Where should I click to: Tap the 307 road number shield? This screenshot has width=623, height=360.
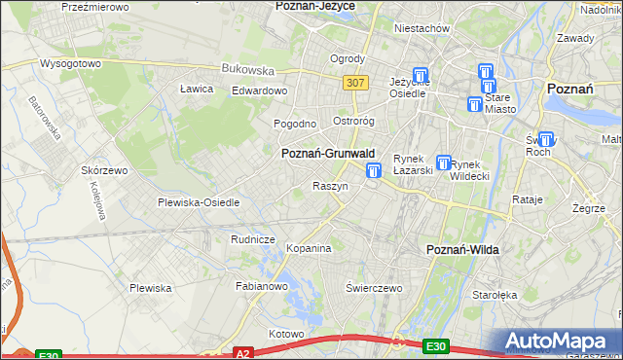355,83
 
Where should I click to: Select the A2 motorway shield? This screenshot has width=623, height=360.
243,352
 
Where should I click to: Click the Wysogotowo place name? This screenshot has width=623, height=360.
70,63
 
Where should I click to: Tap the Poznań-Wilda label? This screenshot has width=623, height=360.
463,250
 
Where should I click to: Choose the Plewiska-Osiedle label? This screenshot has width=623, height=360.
199,202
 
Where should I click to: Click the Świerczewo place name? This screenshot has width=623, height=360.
374,288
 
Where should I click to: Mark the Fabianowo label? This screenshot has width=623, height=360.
262,287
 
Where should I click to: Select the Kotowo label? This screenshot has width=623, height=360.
286,334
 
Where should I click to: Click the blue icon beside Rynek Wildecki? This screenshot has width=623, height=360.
444,163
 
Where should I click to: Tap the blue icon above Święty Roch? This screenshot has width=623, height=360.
545,139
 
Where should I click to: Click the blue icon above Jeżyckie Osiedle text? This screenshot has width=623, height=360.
421,74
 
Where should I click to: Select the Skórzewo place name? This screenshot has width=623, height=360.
105,169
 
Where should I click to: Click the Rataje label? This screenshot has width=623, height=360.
527,199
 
